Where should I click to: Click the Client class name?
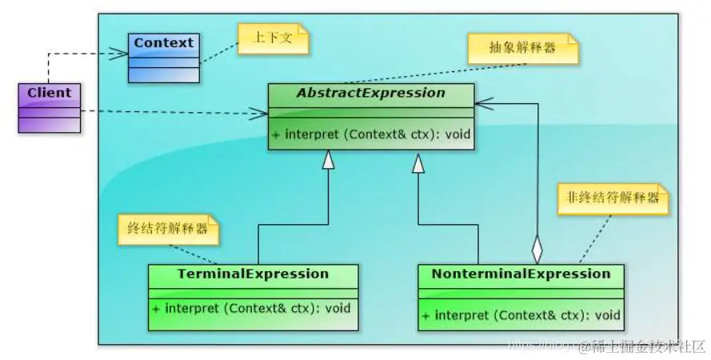pos(49,93)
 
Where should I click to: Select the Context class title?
pos(163,42)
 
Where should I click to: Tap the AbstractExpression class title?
pos(370,93)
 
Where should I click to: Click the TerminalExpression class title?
pos(253,274)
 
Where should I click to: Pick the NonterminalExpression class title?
pos(521,274)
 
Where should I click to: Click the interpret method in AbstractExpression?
pos(370,134)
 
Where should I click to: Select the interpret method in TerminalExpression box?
pos(251,308)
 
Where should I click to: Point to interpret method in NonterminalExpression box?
pos(521,314)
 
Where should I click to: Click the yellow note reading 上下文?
pos(273,38)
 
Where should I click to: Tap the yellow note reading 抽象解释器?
pos(522,48)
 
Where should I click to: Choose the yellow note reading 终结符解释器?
pos(168,229)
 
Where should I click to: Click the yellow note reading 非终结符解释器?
pos(613,198)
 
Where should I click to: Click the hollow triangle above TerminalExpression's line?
pos(327,160)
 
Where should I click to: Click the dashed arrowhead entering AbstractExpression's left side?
pos(260,114)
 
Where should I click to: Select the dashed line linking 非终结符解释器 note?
pos(595,238)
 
